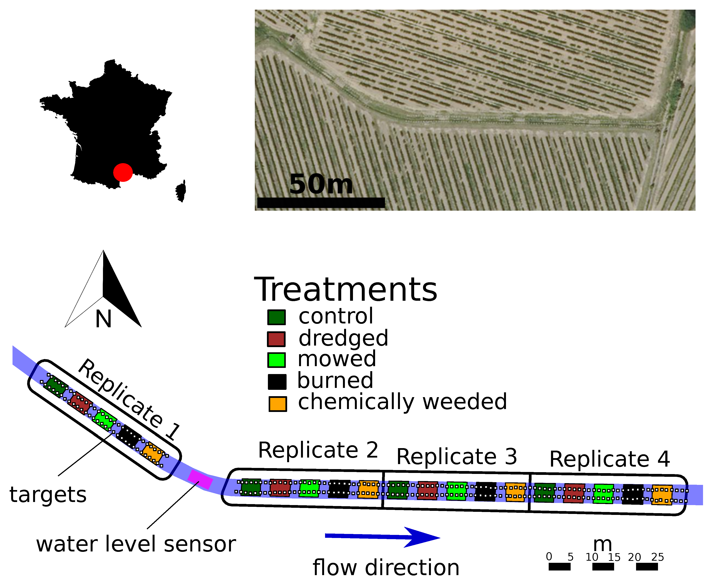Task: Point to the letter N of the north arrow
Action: pyautogui.click(x=103, y=319)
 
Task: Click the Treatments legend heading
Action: pyautogui.click(x=346, y=290)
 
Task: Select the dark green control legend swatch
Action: pyautogui.click(x=276, y=317)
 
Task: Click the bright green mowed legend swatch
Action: pyautogui.click(x=276, y=360)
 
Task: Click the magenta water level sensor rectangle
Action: pyautogui.click(x=200, y=479)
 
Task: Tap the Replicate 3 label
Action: pyautogui.click(x=456, y=457)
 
